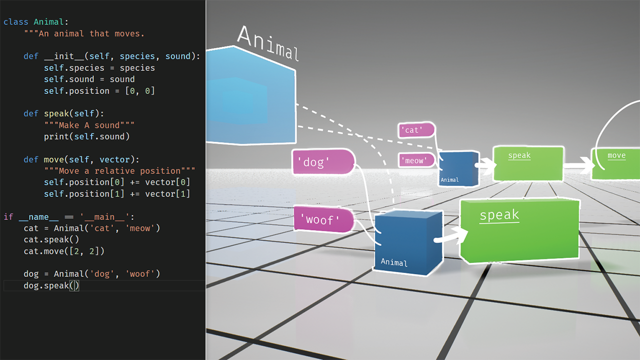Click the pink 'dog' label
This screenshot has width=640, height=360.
[322, 162]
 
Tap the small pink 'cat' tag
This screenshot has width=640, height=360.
[415, 130]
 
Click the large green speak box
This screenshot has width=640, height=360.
[520, 230]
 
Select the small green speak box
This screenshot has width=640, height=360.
[528, 163]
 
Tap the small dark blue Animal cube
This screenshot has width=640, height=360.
[457, 169]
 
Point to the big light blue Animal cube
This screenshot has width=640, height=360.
[250, 95]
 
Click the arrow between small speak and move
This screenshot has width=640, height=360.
[577, 164]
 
